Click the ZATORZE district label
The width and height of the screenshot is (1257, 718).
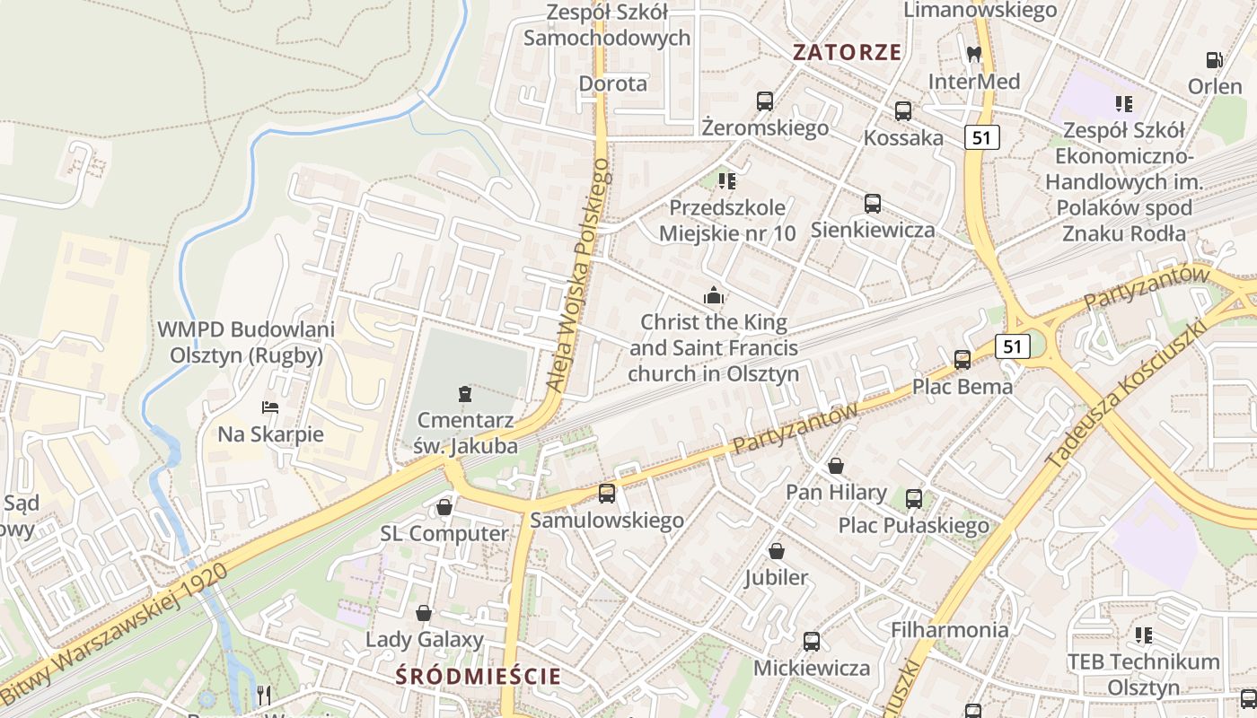click(847, 52)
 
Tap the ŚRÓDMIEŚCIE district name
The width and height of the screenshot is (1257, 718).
click(479, 676)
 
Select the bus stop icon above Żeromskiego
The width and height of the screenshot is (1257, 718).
click(765, 101)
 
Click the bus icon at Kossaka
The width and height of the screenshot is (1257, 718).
click(903, 111)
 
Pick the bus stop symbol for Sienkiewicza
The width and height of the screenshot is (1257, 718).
click(873, 204)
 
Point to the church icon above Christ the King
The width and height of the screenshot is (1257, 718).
click(714, 295)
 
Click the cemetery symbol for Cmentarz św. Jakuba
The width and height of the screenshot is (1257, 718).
click(465, 393)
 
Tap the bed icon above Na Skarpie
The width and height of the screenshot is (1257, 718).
click(270, 407)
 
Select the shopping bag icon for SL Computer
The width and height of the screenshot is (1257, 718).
click(444, 507)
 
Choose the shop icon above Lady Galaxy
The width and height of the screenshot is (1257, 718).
click(424, 613)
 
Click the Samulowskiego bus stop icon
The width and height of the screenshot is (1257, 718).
click(607, 493)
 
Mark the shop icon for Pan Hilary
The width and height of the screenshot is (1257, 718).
click(836, 466)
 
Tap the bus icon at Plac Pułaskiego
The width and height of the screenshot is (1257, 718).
click(914, 498)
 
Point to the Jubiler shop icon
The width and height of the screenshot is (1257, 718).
click(776, 551)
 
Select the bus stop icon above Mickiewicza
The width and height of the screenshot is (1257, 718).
click(812, 642)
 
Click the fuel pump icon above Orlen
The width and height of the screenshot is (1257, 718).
click(1215, 60)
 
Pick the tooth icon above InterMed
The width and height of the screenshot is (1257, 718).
click(973, 55)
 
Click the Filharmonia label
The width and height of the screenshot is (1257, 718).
click(949, 630)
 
